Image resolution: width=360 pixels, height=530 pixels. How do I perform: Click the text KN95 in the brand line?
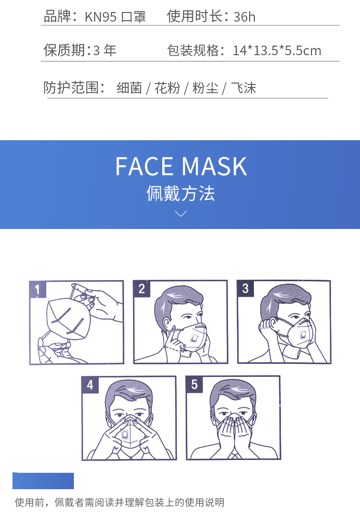(100, 17)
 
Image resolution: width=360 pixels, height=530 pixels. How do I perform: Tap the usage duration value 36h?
(244, 17)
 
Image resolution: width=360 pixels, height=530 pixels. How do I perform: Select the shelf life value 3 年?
(105, 50)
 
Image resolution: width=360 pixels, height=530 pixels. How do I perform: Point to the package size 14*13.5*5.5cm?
(277, 51)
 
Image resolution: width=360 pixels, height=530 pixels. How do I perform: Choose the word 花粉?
(168, 88)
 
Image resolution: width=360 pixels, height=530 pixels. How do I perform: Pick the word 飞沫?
(243, 88)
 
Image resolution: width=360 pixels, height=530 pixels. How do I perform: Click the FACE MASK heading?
(181, 166)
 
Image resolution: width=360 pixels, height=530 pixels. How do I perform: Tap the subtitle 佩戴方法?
(180, 193)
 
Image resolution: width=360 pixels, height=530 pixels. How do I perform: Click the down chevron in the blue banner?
(181, 214)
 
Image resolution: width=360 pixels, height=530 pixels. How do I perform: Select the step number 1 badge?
(38, 289)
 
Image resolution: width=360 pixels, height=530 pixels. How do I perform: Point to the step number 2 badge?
(142, 289)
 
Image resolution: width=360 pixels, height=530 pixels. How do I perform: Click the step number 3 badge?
(245, 289)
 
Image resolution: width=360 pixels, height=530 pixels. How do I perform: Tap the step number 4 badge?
(90, 385)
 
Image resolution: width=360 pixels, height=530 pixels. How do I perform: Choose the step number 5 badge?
(194, 385)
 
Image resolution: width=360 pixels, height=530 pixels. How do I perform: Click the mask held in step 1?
(69, 319)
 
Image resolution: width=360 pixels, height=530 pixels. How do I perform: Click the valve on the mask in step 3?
(302, 335)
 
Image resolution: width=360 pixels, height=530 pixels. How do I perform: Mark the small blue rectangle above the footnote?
(43, 481)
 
